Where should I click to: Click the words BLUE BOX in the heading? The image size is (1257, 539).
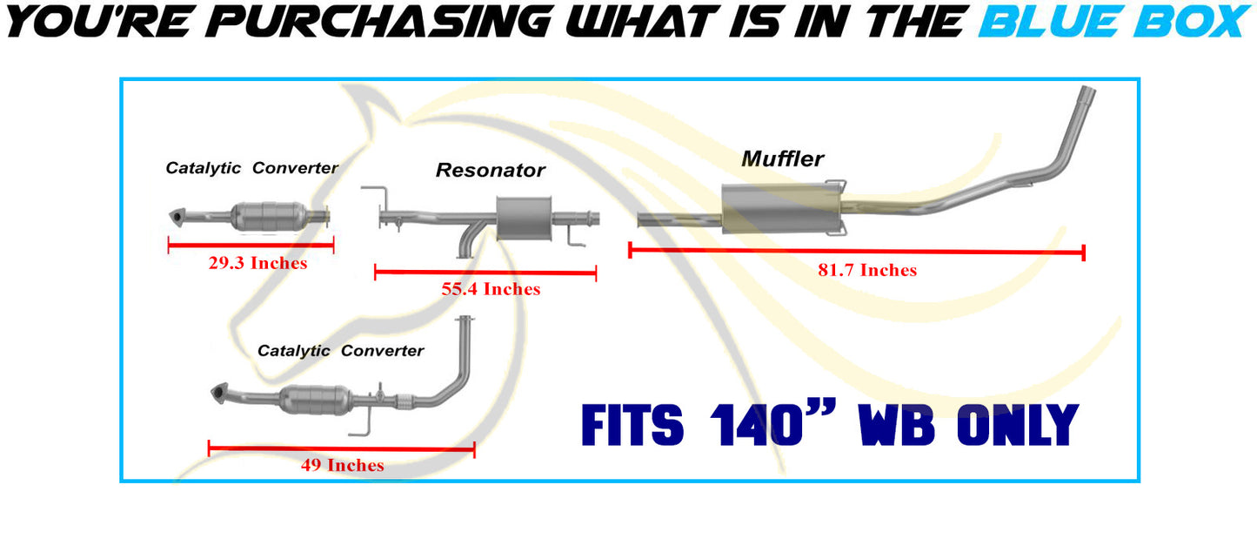[x=1113, y=21]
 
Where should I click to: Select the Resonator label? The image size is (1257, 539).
[x=490, y=170]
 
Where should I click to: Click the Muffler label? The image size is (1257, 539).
[x=782, y=158]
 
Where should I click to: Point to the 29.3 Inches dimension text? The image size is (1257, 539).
[x=257, y=263]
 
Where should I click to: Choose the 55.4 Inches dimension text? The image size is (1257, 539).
[x=491, y=289]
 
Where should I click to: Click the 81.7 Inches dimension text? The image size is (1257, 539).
[x=866, y=270]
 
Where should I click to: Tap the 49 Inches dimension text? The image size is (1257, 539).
[x=342, y=465]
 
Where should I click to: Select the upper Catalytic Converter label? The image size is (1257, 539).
[x=251, y=168]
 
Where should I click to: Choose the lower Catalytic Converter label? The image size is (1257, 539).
[x=340, y=351]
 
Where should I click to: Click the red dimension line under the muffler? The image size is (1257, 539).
[x=856, y=252]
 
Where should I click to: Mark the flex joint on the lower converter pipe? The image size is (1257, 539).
[x=403, y=401]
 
